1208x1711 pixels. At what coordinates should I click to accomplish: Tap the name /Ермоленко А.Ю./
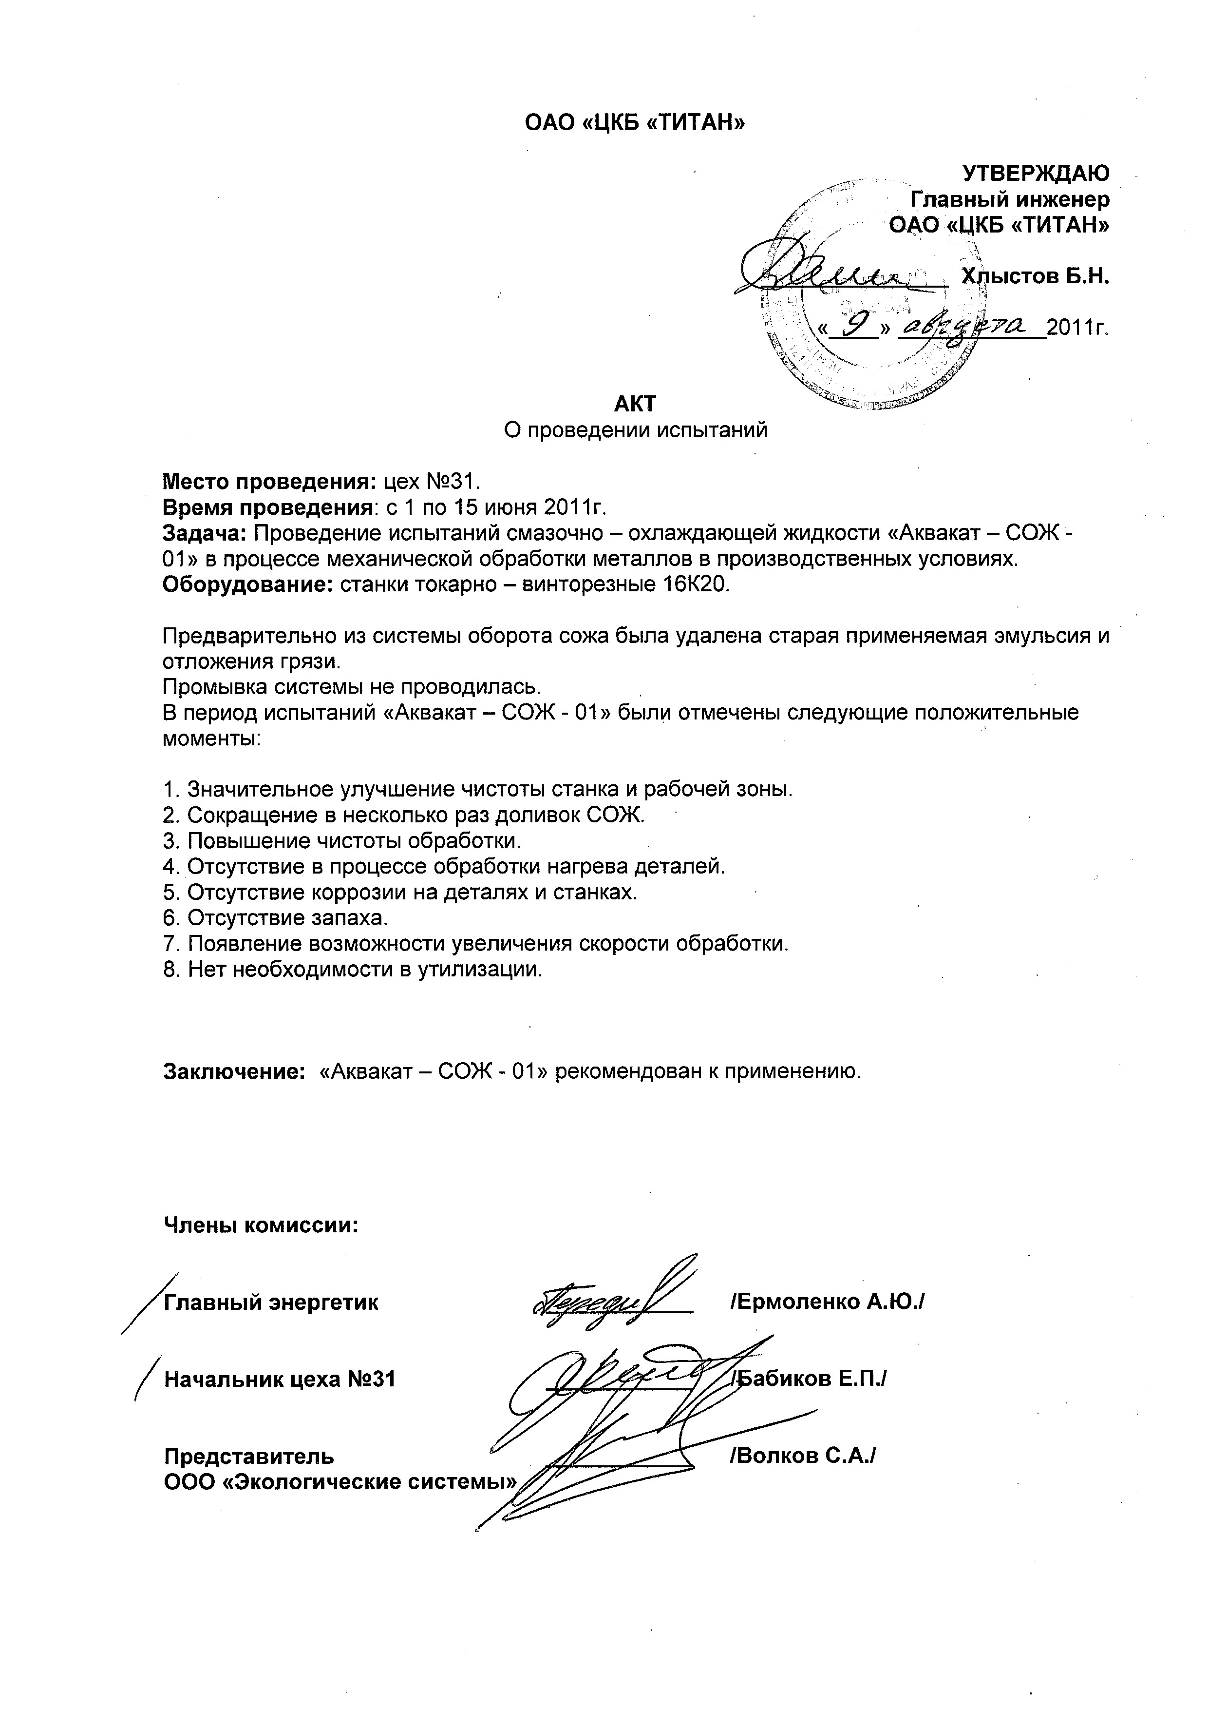[828, 1302]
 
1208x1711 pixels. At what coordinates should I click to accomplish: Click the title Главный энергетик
[271, 1303]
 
